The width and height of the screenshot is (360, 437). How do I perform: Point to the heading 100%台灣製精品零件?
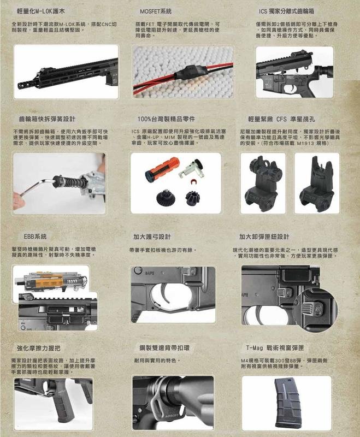[x=167, y=119]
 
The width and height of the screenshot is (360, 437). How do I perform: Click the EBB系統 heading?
[x=35, y=237]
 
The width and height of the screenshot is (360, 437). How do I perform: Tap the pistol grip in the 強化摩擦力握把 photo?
[x=64, y=405]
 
